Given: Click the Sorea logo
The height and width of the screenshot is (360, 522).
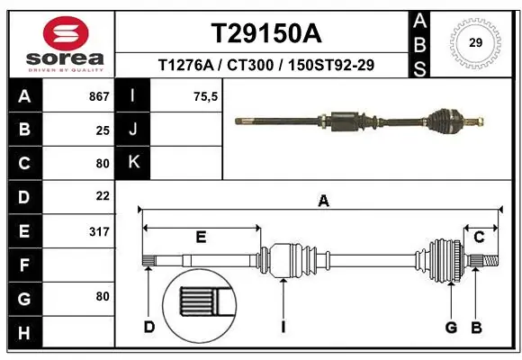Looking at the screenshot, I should (x=66, y=44).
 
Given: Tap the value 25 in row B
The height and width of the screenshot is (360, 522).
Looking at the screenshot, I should (x=103, y=130).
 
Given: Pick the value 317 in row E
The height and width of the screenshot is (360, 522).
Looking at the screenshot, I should (x=99, y=231).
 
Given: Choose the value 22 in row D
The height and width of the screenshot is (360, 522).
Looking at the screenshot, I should (x=103, y=196).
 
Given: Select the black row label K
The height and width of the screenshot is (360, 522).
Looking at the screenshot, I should (x=133, y=163).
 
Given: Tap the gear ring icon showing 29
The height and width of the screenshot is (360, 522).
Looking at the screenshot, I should (x=476, y=41).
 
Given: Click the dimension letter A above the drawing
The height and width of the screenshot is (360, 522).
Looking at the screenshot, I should (x=323, y=202).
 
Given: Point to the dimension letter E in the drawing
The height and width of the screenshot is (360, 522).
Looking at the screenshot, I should (x=201, y=238).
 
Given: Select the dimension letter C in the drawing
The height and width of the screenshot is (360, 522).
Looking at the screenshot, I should (x=479, y=238).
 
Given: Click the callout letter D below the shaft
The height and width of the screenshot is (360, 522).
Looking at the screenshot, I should (x=149, y=326).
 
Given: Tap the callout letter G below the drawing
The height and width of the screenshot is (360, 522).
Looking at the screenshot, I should (x=451, y=326).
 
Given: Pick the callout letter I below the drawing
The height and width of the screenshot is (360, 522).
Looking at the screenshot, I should (x=283, y=326).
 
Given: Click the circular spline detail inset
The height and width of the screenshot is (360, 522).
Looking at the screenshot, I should (x=199, y=301).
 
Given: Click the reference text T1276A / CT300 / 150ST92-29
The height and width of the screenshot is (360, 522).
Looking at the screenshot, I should (x=266, y=66).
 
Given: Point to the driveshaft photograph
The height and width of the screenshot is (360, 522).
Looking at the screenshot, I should (x=360, y=119).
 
